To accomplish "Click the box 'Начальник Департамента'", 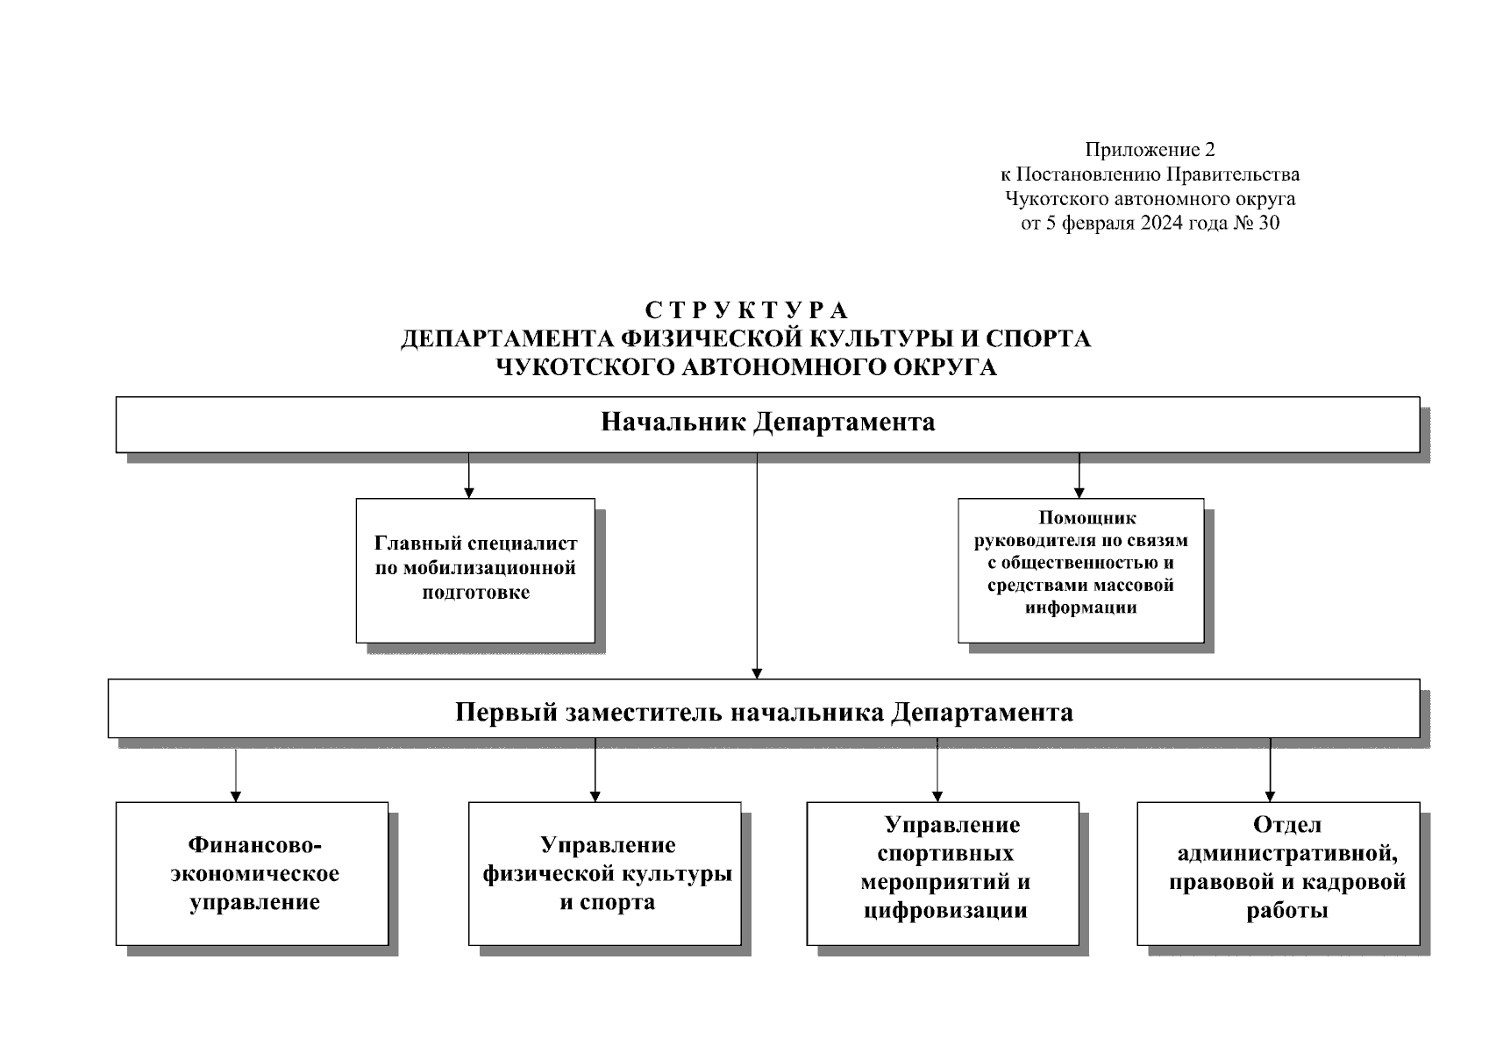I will (767, 424).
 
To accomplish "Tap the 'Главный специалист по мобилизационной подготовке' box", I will (475, 570).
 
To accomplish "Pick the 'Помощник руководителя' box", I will (1080, 570).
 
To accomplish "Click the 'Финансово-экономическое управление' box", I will (252, 873).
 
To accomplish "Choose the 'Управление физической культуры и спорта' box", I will (605, 873).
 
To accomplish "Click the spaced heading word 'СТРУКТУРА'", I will (746, 311).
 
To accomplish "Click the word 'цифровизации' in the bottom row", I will (945, 911).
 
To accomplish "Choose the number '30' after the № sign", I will (1268, 224).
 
